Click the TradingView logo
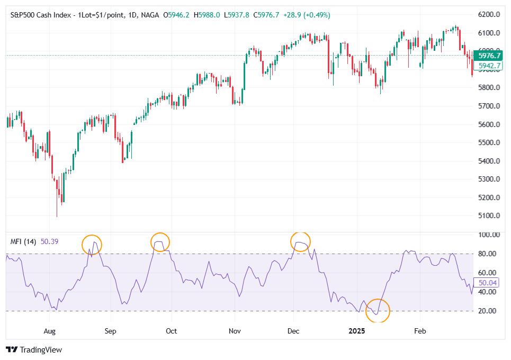34,350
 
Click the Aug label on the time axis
49,331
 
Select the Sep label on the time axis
110,331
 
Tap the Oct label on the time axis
171,331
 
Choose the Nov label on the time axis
235,331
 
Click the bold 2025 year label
357,331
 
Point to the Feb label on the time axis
420,331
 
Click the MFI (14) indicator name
23,241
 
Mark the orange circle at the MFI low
378,310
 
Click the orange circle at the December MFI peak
300,242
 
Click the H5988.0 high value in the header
207,15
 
